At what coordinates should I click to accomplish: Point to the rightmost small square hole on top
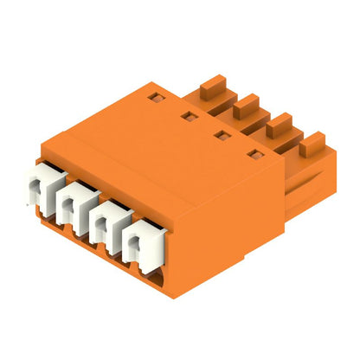[254, 156]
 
